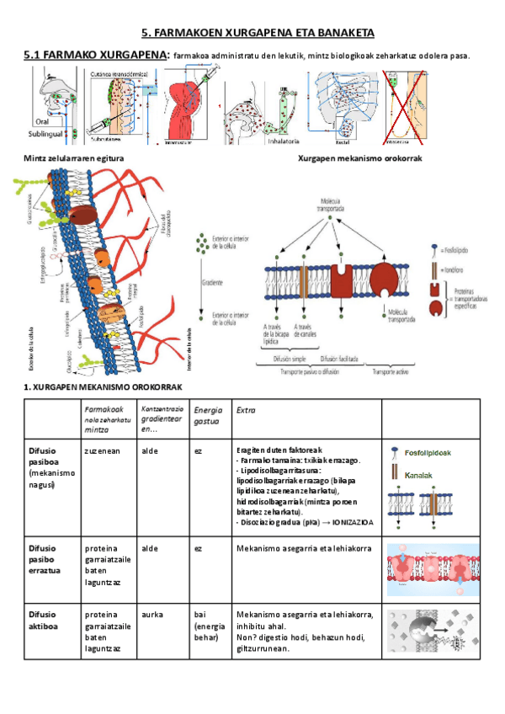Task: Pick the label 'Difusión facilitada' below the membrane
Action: coord(340,359)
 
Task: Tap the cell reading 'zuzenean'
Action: coord(101,450)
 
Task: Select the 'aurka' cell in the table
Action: coord(153,615)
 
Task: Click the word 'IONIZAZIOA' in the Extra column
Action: coord(353,522)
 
